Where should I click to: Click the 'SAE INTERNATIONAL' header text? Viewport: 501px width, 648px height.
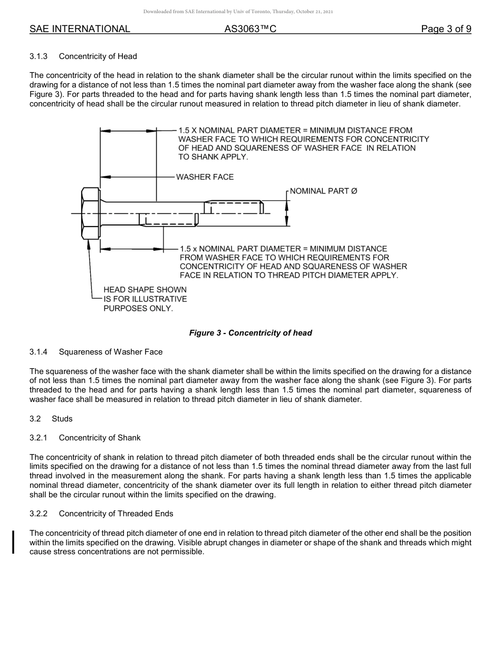click(x=80, y=29)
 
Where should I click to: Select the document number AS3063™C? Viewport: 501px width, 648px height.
click(x=250, y=29)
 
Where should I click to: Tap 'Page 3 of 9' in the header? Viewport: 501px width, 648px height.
click(x=446, y=29)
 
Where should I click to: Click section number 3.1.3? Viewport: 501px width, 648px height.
click(x=39, y=56)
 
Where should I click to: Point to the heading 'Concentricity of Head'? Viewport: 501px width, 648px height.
click(x=98, y=56)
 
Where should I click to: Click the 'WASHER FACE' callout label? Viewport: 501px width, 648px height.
click(x=205, y=177)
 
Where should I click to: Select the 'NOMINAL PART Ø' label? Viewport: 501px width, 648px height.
click(x=323, y=191)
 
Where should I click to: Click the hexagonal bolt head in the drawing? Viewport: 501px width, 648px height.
click(x=90, y=213)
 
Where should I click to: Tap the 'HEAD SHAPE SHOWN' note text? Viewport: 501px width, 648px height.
click(x=144, y=290)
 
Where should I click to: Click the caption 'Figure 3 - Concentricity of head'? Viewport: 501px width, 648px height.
click(x=250, y=333)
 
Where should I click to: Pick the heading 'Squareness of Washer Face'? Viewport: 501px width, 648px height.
click(x=111, y=352)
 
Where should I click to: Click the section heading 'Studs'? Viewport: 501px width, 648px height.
click(x=62, y=419)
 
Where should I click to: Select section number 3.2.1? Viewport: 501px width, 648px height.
click(x=39, y=438)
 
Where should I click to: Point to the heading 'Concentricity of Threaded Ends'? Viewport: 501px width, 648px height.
click(x=116, y=514)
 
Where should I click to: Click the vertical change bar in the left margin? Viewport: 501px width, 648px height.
click(x=13, y=535)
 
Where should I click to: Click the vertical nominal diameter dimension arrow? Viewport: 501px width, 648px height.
click(x=286, y=213)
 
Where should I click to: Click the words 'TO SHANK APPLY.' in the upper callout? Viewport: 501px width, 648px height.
click(x=213, y=157)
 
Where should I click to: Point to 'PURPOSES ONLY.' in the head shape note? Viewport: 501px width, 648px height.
click(x=138, y=308)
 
